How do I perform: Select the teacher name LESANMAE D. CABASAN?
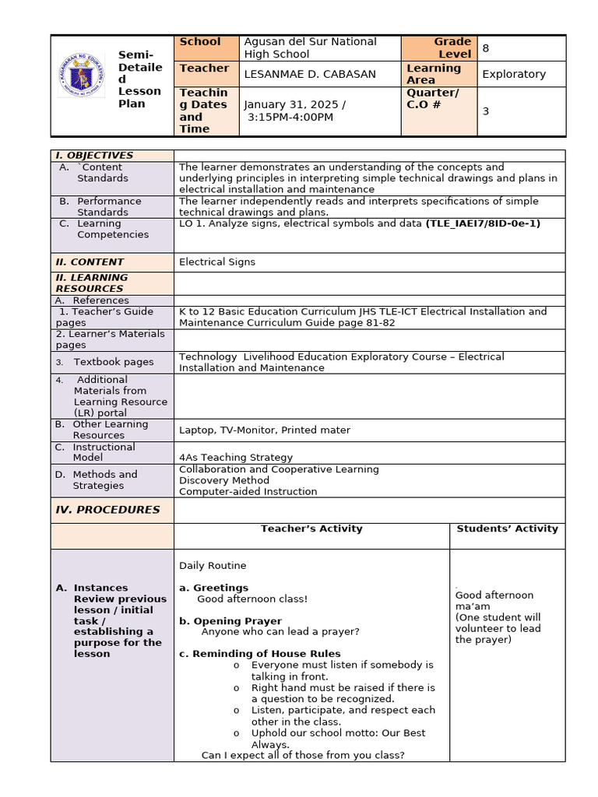point(310,74)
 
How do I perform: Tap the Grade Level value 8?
point(486,48)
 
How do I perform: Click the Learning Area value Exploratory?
point(514,74)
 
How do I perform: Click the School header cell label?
point(200,42)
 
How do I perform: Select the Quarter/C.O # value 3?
point(486,111)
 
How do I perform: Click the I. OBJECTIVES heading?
point(94,156)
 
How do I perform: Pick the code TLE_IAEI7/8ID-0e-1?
point(483,223)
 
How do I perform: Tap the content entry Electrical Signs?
point(217,262)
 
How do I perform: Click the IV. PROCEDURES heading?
point(107,510)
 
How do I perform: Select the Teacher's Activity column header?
point(311,529)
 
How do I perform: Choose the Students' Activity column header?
point(507,529)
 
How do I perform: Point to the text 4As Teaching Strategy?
point(236,458)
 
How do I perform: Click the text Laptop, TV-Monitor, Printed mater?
point(265,430)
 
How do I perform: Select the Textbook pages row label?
point(114,362)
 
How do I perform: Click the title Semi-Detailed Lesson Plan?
point(140,79)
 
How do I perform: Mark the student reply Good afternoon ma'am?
point(494,600)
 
